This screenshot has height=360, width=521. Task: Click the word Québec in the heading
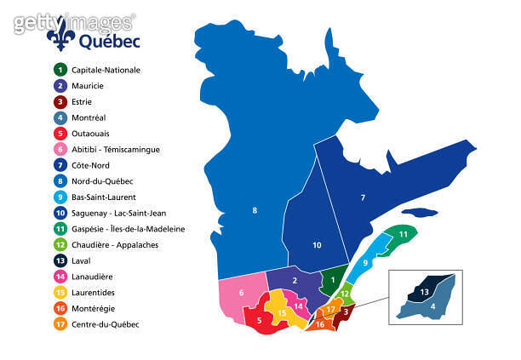pyautogui.click(x=110, y=40)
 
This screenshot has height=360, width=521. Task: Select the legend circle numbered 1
pyautogui.click(x=60, y=70)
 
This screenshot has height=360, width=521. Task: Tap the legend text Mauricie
pyautogui.click(x=90, y=85)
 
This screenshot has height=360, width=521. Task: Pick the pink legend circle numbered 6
pyautogui.click(x=60, y=149)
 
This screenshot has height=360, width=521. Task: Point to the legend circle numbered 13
pyautogui.click(x=60, y=260)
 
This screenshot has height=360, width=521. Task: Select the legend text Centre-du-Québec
pyautogui.click(x=106, y=324)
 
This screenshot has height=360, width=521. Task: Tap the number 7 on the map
pyautogui.click(x=363, y=197)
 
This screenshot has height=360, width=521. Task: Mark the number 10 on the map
pyautogui.click(x=316, y=245)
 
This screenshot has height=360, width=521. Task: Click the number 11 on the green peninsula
pyautogui.click(x=403, y=233)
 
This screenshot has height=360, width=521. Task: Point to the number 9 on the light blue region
pyautogui.click(x=365, y=263)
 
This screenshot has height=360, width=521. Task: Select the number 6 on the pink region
pyautogui.click(x=242, y=293)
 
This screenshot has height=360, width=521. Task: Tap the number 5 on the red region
pyautogui.click(x=259, y=320)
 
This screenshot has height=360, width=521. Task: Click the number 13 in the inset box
pyautogui.click(x=423, y=292)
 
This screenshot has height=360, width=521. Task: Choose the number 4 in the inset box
pyautogui.click(x=433, y=306)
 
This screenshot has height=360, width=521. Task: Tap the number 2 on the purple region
pyautogui.click(x=294, y=280)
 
